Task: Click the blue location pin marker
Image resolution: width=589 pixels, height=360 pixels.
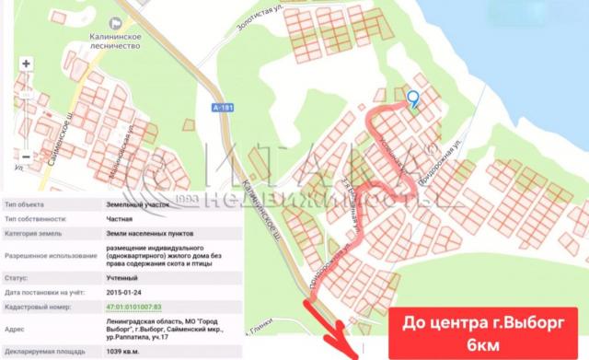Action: (413, 99)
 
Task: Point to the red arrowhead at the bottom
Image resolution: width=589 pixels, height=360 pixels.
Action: (349, 349)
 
